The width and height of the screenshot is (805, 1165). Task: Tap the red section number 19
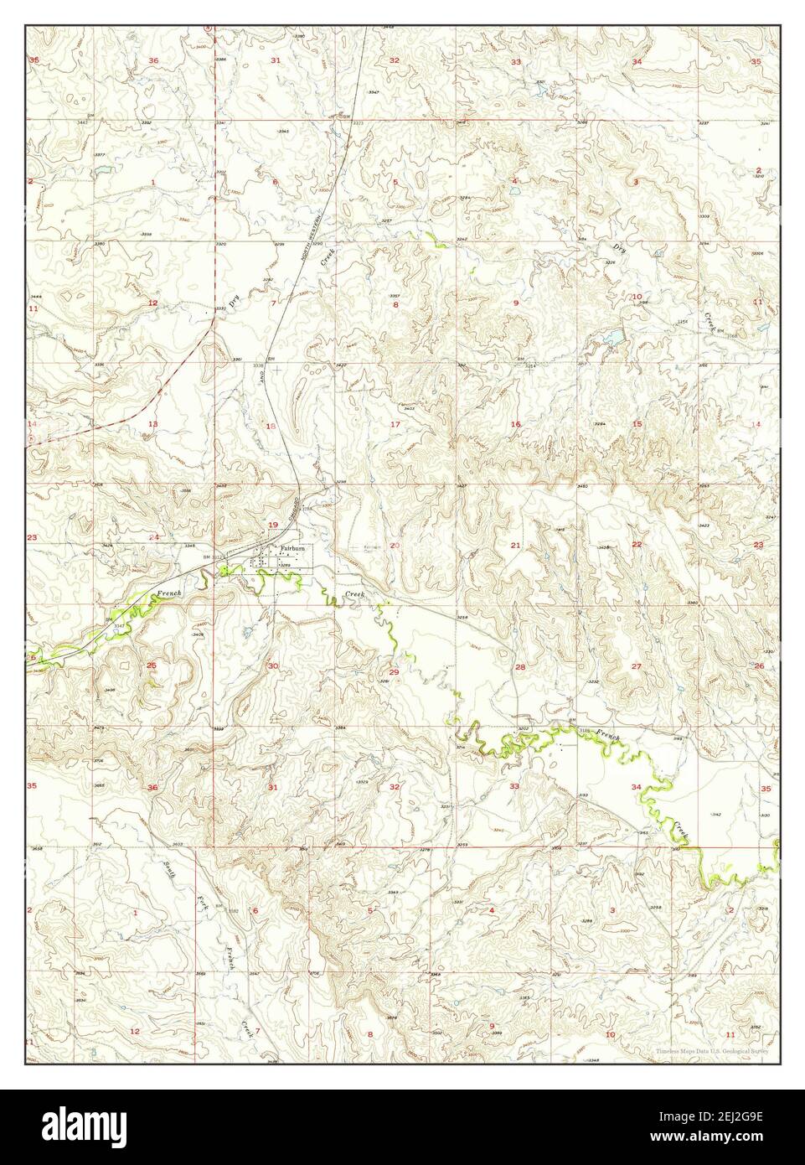click(x=272, y=525)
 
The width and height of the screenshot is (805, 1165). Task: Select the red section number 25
click(x=152, y=665)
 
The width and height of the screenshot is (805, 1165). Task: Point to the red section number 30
click(x=273, y=665)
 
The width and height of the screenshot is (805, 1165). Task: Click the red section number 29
click(x=394, y=672)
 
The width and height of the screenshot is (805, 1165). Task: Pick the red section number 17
click(x=395, y=424)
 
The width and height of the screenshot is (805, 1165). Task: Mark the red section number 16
click(x=516, y=424)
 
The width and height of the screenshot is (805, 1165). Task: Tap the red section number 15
click(x=637, y=424)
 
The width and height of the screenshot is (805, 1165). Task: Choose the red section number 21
click(x=516, y=546)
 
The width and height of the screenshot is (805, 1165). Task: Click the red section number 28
click(x=519, y=667)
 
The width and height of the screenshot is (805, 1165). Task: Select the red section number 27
click(x=637, y=665)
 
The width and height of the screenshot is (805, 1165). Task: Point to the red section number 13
click(x=152, y=424)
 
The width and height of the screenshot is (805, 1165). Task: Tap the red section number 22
click(x=637, y=545)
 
